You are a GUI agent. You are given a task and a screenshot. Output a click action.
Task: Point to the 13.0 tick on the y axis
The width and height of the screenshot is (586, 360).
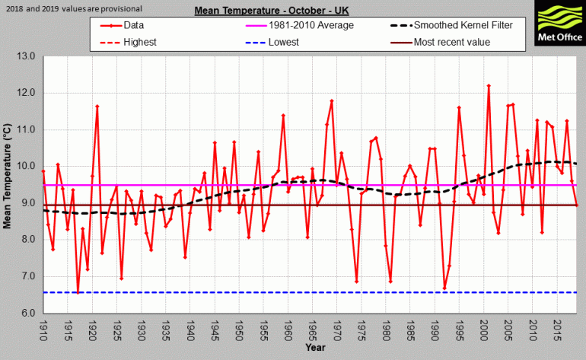[x=27, y=56]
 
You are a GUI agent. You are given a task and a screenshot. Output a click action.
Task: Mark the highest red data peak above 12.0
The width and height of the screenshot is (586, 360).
[x=489, y=86]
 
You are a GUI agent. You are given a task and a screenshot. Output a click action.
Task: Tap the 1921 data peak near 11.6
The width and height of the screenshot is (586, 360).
[x=97, y=106]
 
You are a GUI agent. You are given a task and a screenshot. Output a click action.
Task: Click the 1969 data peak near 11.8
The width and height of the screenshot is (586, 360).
[x=332, y=100]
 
